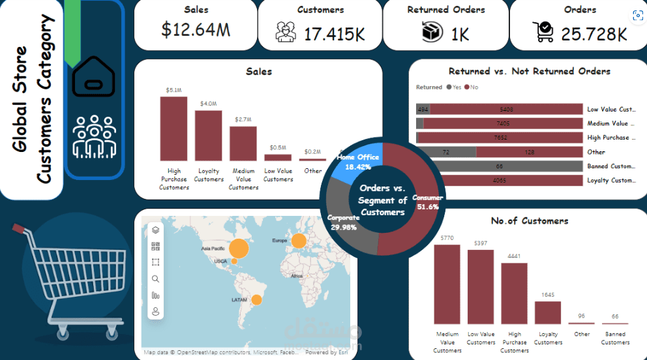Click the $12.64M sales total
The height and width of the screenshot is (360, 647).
click(195, 29)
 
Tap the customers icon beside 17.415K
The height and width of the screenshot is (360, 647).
click(285, 32)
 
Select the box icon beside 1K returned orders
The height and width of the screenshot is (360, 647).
click(432, 32)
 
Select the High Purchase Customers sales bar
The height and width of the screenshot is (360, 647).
click(173, 128)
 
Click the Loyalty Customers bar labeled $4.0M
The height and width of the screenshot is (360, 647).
click(208, 136)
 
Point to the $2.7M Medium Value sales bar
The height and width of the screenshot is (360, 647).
click(243, 143)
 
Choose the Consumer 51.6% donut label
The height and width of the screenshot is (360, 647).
click(428, 202)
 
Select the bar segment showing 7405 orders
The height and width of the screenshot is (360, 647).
click(503, 123)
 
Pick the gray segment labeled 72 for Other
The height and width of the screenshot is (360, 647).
click(446, 152)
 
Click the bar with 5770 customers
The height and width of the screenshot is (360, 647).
click(447, 284)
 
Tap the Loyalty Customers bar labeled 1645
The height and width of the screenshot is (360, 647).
click(548, 312)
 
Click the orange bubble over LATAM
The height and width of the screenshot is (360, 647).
click(256, 300)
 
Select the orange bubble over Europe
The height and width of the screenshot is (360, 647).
click(299, 241)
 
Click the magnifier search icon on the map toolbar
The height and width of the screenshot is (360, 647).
click(155, 278)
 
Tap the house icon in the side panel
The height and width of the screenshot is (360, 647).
click(94, 77)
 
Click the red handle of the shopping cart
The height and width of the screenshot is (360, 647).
click(20, 228)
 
